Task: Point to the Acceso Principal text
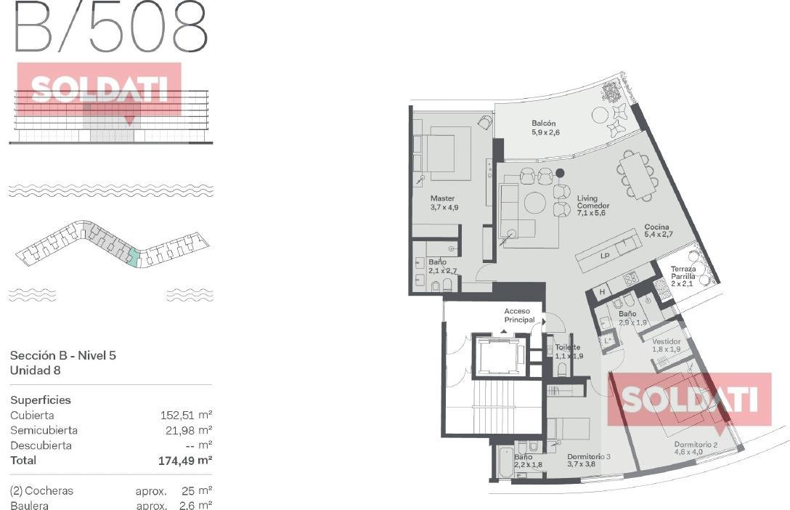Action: tap(519, 315)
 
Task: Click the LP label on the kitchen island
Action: tap(605, 256)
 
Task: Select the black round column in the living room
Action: tap(560, 173)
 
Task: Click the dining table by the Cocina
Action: tap(638, 176)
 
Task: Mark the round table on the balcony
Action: tap(600, 115)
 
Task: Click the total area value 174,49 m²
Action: tap(185, 460)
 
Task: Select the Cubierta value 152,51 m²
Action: tap(186, 416)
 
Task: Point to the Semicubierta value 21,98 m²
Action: tap(189, 430)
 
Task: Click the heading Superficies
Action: tap(41, 400)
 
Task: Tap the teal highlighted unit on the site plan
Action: tap(132, 257)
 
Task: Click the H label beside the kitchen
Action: tap(601, 292)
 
